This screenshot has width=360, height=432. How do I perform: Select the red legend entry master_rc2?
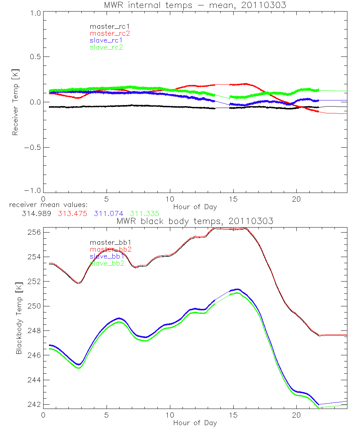pyautogui.click(x=110, y=33)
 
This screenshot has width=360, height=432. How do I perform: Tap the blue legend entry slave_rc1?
pyautogui.click(x=106, y=40)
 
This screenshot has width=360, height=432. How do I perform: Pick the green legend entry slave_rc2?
pyautogui.click(x=106, y=47)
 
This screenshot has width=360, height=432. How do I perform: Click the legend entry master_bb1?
pyautogui.click(x=107, y=242)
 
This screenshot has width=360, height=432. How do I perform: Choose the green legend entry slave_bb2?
pyautogui.click(x=107, y=263)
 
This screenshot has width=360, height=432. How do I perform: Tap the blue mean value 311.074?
pyautogui.click(x=109, y=213)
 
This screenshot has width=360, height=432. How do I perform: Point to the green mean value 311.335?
pyautogui.click(x=144, y=213)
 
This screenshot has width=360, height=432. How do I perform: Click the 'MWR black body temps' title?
pyautogui.click(x=195, y=221)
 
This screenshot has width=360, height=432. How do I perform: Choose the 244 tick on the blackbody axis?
pyautogui.click(x=33, y=380)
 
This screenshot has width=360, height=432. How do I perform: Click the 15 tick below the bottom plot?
pyautogui.click(x=233, y=415)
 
